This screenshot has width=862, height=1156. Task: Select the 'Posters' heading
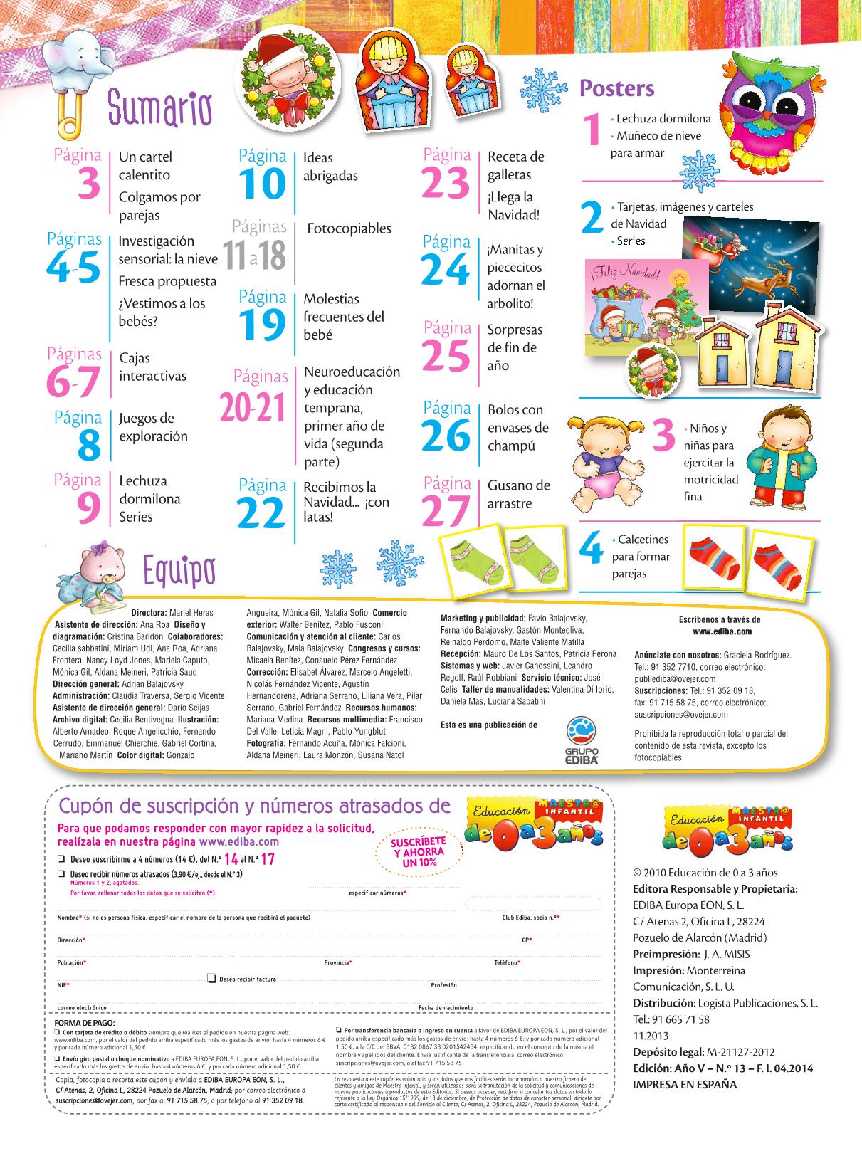(x=616, y=88)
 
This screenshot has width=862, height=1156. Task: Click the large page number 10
(x=262, y=184)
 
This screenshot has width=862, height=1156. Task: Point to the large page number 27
(x=446, y=510)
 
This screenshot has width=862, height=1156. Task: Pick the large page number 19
(x=262, y=325)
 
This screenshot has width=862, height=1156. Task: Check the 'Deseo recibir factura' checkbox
(x=211, y=978)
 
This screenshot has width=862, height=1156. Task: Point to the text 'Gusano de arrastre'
(x=518, y=494)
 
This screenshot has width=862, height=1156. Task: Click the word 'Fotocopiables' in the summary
(x=349, y=228)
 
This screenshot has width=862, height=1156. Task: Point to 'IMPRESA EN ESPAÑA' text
(x=685, y=1085)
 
